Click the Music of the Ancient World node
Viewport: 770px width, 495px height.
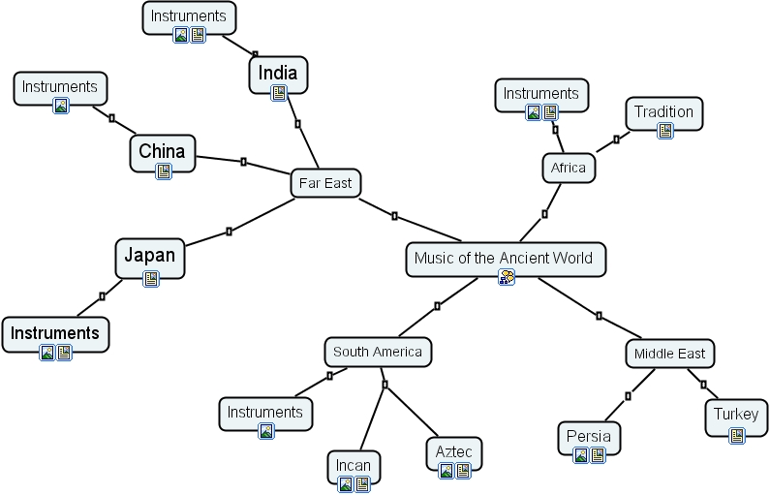coord(505,259)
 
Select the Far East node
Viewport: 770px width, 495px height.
coord(325,182)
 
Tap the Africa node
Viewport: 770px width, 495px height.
coord(568,168)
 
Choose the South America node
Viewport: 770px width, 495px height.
coord(377,352)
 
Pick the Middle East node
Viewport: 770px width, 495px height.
coord(669,354)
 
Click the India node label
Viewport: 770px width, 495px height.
coord(278,72)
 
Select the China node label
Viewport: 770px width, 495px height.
coord(162,150)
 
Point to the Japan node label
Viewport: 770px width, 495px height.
coord(150,256)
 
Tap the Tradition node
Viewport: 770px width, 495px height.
coord(663,111)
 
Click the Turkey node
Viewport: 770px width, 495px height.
coord(736,415)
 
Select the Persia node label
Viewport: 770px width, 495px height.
coord(589,436)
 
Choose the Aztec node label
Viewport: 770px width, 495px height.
coord(454,451)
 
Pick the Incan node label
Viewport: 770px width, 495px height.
coord(353,465)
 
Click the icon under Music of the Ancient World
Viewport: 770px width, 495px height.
coord(506,278)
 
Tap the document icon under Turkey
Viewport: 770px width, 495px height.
coord(737,436)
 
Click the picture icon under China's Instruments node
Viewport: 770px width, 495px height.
coord(61,106)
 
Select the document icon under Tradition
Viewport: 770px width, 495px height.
coord(664,131)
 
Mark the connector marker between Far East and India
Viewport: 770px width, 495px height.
coord(297,124)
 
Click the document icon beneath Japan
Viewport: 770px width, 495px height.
coord(151,279)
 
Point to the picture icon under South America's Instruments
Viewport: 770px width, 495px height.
coord(265,431)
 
